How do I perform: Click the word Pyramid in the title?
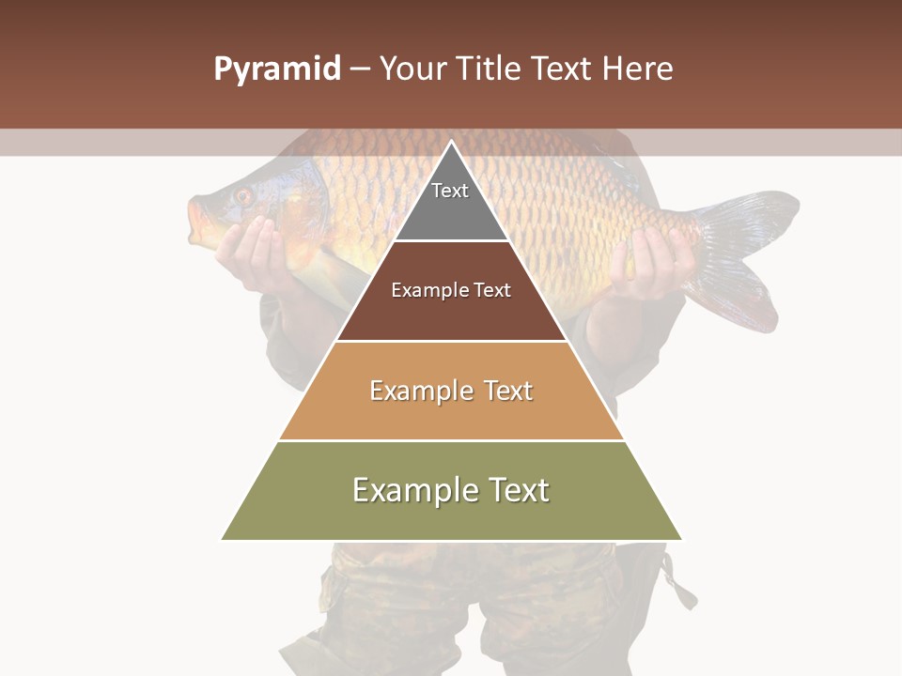point(276,69)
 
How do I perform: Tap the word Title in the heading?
point(489,69)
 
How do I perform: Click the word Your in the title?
point(412,69)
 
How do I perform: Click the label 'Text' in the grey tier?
point(450,191)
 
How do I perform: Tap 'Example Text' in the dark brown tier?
point(451,290)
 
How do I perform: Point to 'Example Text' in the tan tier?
point(451,391)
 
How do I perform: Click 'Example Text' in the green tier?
point(451,490)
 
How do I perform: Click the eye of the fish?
point(243,196)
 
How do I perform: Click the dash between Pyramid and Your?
point(360,69)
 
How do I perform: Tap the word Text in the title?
point(563,69)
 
